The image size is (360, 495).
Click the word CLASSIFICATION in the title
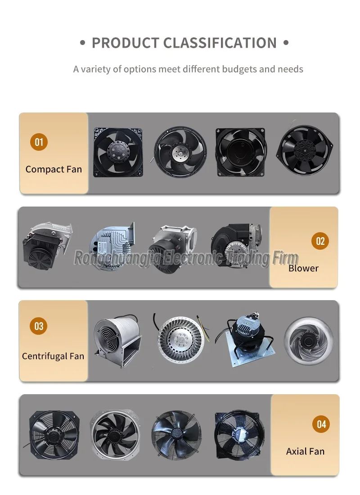[220, 43]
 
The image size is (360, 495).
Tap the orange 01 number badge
[39, 142]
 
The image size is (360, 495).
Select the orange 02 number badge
[320, 241]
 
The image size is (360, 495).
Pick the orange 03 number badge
[39, 326]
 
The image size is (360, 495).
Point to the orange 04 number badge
[321, 424]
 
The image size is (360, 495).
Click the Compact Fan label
[54, 170]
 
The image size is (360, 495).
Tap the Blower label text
[303, 268]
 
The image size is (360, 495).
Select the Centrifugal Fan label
[53, 356]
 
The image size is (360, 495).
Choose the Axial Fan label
[306, 451]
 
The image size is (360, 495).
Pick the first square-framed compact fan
[118, 152]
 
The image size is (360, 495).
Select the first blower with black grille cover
[47, 246]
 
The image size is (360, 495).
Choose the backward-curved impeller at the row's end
[309, 341]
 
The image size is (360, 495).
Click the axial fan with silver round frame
[115, 435]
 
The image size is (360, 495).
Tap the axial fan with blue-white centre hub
[239, 435]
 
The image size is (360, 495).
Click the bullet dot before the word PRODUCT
[83, 43]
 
